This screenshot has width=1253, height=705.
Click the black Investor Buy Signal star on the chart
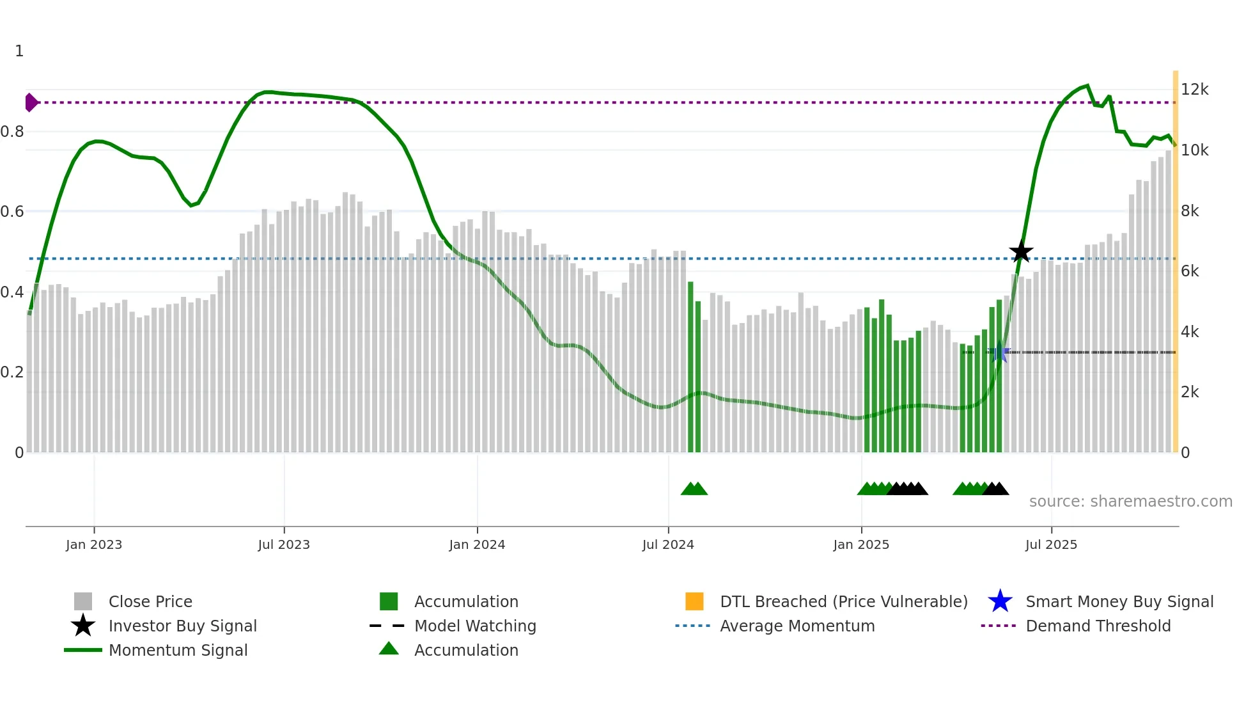coord(1021,251)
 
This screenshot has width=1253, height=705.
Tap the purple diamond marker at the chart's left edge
coord(31,102)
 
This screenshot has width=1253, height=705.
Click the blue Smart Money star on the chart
coord(999,352)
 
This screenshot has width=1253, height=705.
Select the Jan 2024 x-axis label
coord(477,544)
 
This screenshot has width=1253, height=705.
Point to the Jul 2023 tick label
coord(284,544)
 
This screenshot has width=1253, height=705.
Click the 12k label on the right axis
coord(1194,90)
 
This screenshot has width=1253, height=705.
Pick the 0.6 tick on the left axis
coord(12,212)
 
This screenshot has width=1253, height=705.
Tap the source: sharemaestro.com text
coord(1130,501)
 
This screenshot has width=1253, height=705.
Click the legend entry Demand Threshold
coord(1098,626)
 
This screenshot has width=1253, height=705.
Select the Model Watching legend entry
coord(475,626)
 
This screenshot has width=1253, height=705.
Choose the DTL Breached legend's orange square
coord(694,601)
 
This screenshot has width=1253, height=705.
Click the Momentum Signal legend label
coord(178,650)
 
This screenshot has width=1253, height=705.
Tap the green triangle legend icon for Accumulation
coord(389,649)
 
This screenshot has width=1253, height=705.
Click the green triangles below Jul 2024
coord(694,489)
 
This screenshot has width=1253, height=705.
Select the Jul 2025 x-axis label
coord(1051,544)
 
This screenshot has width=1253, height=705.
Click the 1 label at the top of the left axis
coord(19,51)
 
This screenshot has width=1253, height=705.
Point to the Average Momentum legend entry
coord(797,626)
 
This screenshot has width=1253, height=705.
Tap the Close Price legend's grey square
coord(83,601)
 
